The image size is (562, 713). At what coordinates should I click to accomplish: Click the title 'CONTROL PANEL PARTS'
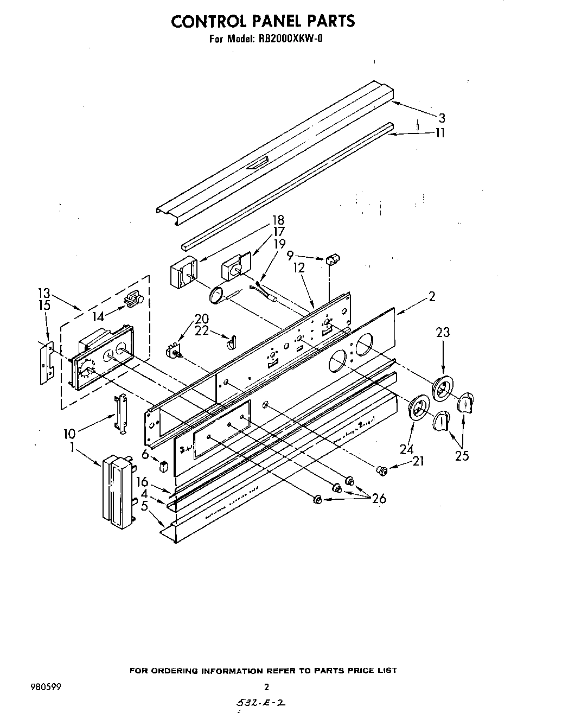263,21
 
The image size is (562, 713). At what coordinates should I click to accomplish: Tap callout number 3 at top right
442,118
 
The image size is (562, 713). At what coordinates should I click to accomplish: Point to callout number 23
443,333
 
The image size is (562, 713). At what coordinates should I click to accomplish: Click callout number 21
418,461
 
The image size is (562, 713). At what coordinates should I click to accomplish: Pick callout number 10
69,434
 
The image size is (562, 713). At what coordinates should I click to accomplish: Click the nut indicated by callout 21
382,470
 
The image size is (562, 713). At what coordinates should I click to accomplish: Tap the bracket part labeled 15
47,364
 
